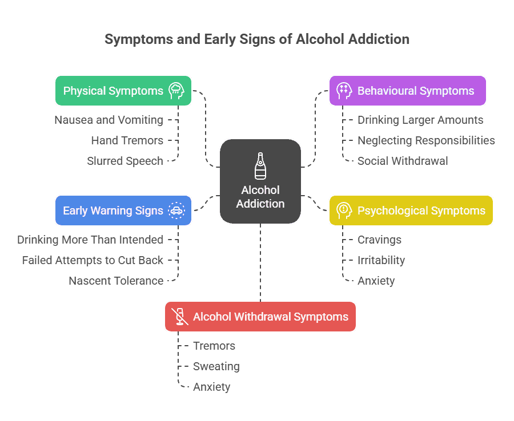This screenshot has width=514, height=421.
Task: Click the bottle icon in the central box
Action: click(x=260, y=166)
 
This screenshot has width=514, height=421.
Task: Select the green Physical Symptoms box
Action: click(x=123, y=91)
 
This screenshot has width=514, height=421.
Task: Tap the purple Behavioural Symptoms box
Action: click(x=407, y=91)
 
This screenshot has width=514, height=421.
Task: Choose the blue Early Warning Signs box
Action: click(x=123, y=211)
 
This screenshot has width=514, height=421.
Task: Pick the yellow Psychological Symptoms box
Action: click(x=411, y=211)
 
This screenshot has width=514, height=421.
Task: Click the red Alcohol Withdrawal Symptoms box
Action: click(x=260, y=317)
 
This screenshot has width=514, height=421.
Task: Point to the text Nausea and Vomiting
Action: click(x=109, y=120)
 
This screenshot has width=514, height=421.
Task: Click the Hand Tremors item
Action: click(x=127, y=140)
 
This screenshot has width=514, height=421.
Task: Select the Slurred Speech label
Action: click(x=125, y=161)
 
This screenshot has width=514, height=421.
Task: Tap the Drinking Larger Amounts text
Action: click(x=420, y=120)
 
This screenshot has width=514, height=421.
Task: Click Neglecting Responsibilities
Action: click(x=426, y=140)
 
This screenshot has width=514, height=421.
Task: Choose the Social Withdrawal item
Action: click(x=403, y=161)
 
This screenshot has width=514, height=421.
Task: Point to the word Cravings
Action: click(x=379, y=240)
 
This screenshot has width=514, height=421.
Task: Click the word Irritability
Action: click(x=381, y=260)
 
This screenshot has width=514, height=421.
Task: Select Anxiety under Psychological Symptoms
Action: click(x=376, y=281)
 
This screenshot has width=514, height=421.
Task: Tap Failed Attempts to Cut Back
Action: click(x=93, y=260)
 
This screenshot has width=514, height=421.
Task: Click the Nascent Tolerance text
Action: click(x=116, y=281)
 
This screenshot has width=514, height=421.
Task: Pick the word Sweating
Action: click(x=216, y=366)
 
